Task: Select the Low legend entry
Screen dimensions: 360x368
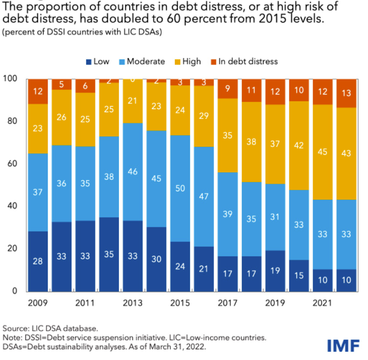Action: pos(98,61)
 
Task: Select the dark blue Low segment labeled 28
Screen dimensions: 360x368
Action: pos(38,261)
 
